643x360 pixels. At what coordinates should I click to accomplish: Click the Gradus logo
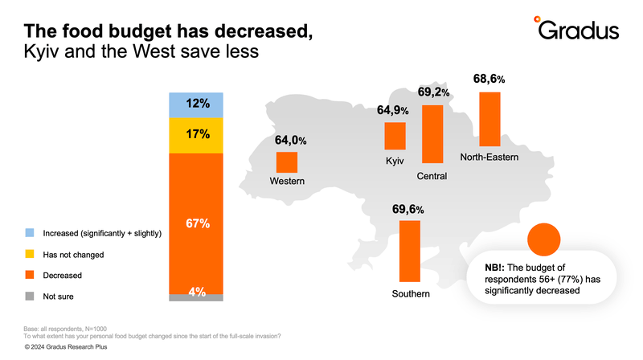point(576,28)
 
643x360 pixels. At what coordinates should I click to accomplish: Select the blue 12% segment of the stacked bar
point(196,105)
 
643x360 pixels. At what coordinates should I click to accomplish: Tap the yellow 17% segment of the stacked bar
point(196,135)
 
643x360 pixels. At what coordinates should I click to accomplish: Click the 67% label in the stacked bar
point(198,223)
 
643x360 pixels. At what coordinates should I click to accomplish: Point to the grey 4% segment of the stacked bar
point(196,297)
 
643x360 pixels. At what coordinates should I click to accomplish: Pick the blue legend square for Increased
point(30,233)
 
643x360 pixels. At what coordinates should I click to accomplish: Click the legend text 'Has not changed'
point(73,255)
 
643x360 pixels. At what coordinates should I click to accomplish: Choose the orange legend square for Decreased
point(30,275)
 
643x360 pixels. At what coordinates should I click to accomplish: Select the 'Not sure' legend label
point(58,297)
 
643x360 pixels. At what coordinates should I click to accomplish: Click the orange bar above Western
point(287,162)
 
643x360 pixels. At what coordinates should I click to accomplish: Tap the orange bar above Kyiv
point(395,136)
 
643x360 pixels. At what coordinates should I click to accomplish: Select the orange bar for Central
point(432,134)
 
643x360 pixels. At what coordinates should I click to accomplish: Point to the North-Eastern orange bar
point(489,119)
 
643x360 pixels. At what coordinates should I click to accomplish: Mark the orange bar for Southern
point(410,251)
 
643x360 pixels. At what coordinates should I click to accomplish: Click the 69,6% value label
point(408,210)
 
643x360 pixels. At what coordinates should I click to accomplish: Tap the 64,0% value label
point(291,141)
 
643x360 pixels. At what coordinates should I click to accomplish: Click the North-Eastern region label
point(489,157)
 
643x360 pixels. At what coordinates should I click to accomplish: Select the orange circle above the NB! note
point(544,239)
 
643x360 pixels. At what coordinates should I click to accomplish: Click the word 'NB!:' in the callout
point(494,268)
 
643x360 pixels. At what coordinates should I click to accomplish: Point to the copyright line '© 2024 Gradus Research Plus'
point(66,347)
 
